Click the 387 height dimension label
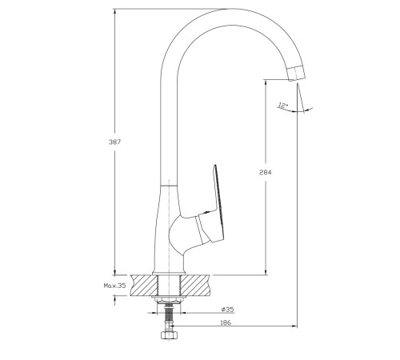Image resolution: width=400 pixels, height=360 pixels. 114,142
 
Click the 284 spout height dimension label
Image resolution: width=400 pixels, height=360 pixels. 266,172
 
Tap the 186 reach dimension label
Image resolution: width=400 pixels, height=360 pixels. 226,322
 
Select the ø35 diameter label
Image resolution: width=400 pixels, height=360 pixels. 227,310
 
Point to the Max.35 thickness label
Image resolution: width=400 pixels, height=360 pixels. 114,286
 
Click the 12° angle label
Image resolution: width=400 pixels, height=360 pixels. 282,105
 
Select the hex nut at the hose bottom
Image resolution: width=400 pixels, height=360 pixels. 169,335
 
